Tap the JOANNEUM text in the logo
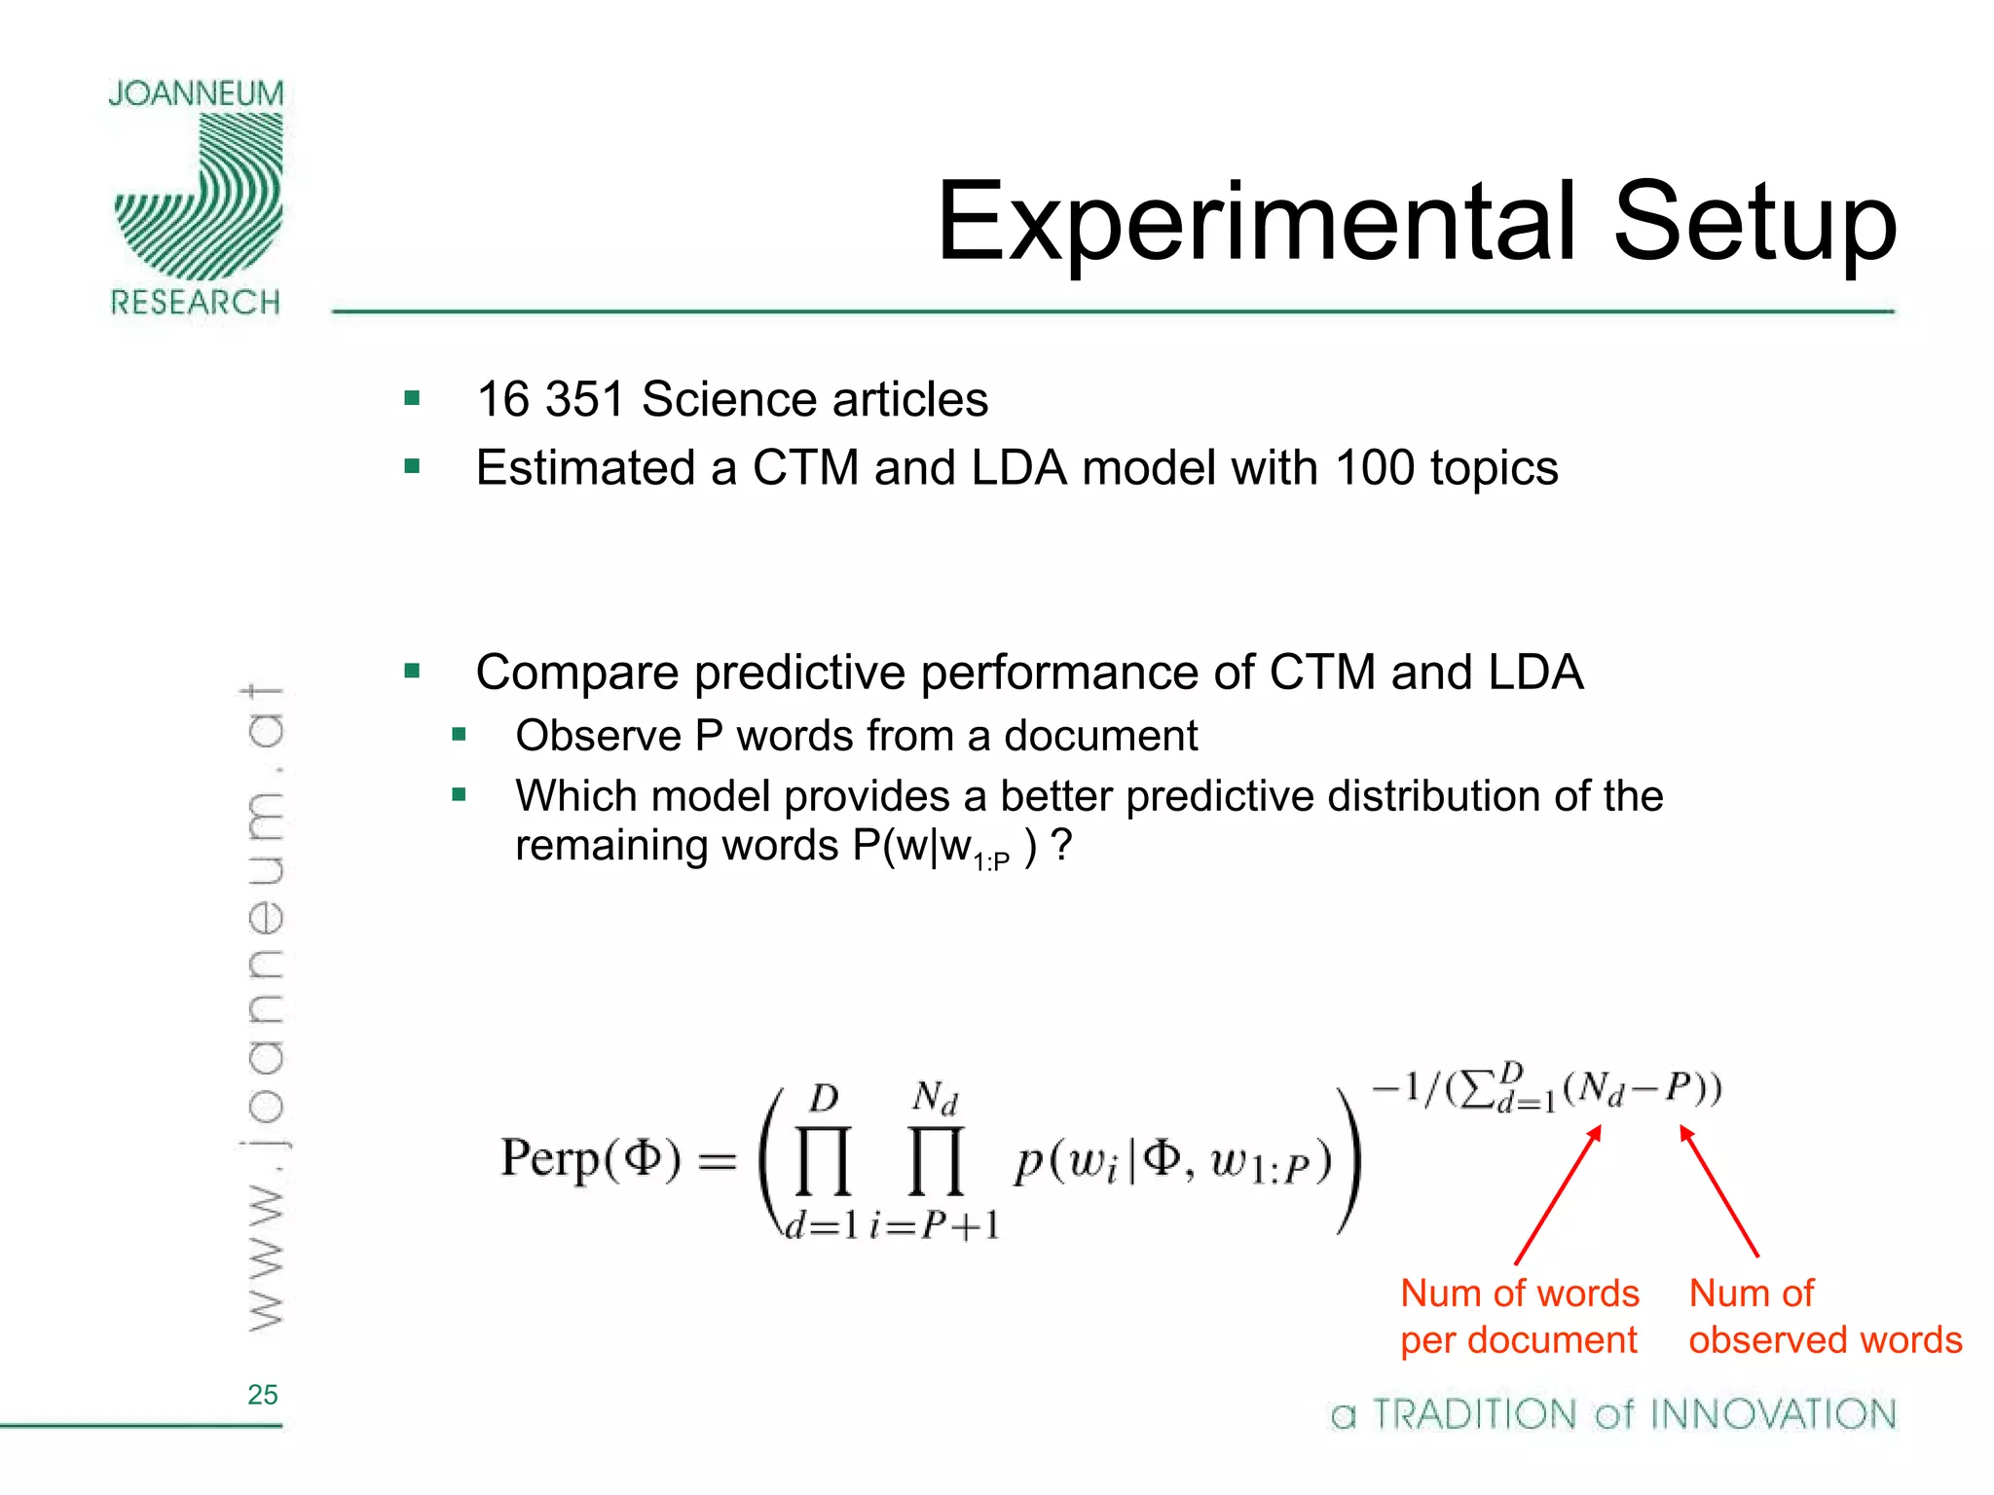tap(196, 93)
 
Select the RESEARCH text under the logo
tap(196, 303)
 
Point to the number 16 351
tap(550, 399)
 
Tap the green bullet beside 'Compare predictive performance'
tap(412, 671)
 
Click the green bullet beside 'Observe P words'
tap(460, 734)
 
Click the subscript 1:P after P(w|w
tap(991, 860)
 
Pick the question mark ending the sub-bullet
tap(1061, 845)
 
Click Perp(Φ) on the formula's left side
tap(590, 1159)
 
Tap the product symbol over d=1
tap(824, 1160)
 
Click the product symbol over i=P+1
tap(936, 1160)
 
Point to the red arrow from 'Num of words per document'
tap(1558, 1195)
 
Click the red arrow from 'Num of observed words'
tap(1719, 1191)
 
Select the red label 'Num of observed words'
tap(1825, 1317)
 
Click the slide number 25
tap(263, 1395)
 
